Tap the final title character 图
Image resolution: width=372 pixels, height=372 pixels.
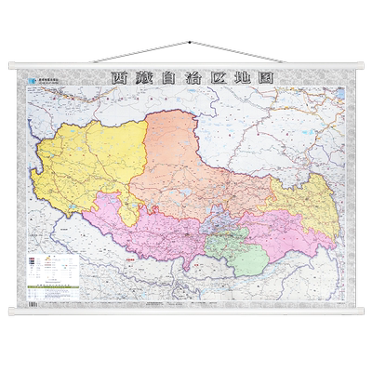(x=266, y=79)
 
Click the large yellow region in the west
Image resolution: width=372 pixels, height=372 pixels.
(x=88, y=167)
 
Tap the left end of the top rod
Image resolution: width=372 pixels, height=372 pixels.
(x=12, y=66)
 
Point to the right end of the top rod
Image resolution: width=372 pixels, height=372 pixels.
(x=359, y=66)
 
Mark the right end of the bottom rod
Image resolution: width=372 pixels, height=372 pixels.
(x=359, y=310)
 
